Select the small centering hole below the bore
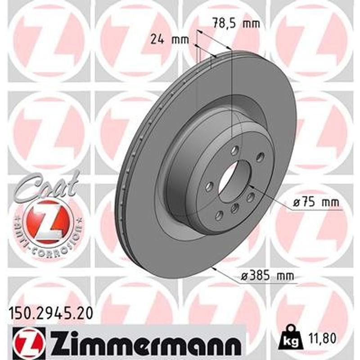[x=234, y=207]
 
